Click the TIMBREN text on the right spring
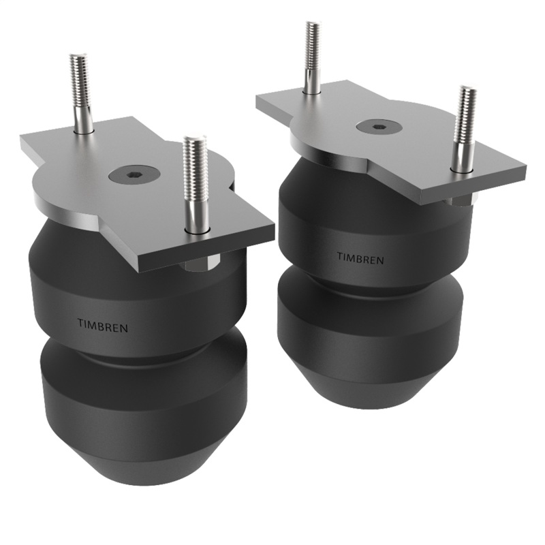click(x=360, y=259)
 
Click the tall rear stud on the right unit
click(x=312, y=57)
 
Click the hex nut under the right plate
click(x=461, y=200)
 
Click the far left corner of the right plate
click(x=258, y=98)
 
